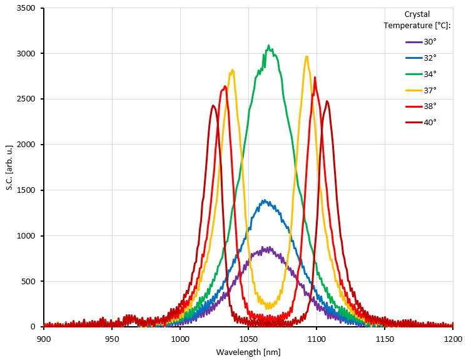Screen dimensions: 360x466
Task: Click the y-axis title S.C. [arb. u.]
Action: pos(9,167)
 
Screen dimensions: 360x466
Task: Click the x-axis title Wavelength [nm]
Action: pos(248,352)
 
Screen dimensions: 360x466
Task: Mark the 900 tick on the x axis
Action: pos(44,337)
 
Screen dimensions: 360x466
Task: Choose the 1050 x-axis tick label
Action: pos(248,337)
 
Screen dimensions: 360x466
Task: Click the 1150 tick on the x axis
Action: pos(385,337)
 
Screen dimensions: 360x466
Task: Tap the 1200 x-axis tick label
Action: pos(453,337)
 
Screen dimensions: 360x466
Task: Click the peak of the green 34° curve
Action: pos(269,46)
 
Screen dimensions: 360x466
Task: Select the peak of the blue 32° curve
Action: pos(265,200)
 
